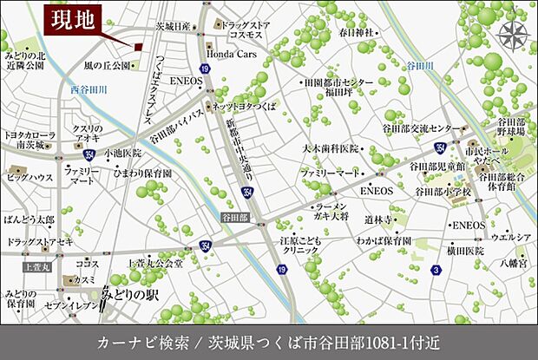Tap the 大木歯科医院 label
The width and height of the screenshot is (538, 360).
(329, 148)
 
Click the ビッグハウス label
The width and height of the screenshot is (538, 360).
(30, 177)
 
